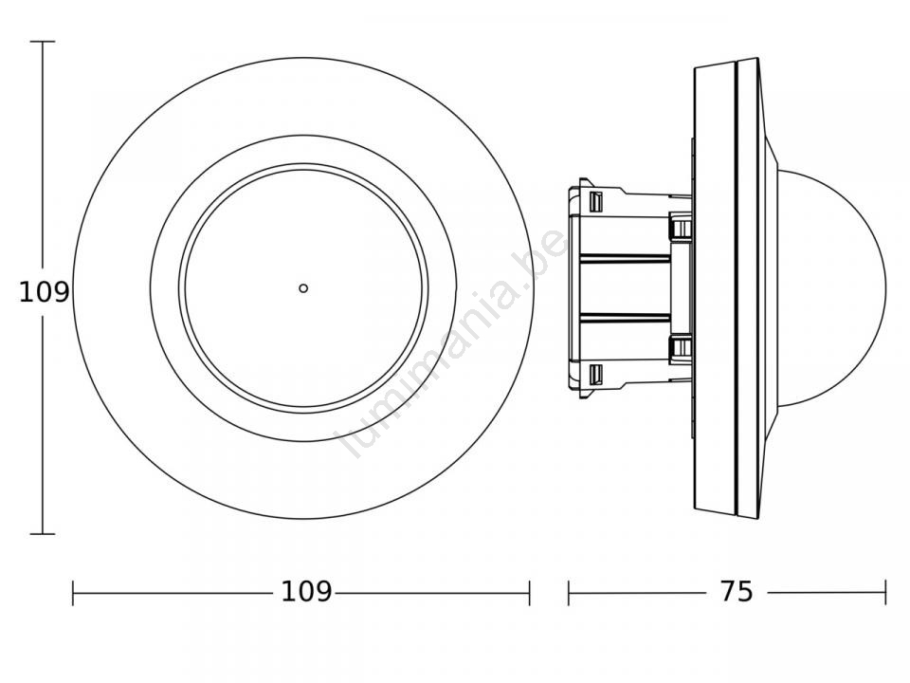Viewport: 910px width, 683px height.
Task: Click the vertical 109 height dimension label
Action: pyautogui.click(x=45, y=291)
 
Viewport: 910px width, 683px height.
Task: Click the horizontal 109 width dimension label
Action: pyautogui.click(x=306, y=592)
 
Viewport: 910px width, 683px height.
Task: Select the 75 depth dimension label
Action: pyautogui.click(x=737, y=592)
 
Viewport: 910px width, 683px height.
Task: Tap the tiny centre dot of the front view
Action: pyautogui.click(x=303, y=288)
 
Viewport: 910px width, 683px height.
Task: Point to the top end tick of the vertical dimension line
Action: pyautogui.click(x=43, y=42)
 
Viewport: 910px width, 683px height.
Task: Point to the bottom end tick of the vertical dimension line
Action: pyautogui.click(x=43, y=534)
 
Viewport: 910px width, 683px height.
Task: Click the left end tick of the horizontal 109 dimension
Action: pyautogui.click(x=73, y=592)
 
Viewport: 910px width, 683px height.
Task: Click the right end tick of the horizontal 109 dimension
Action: pyautogui.click(x=529, y=592)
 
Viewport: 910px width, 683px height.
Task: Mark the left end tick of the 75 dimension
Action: pyautogui.click(x=568, y=592)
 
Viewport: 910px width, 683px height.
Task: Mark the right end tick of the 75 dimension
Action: pyautogui.click(x=885, y=592)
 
